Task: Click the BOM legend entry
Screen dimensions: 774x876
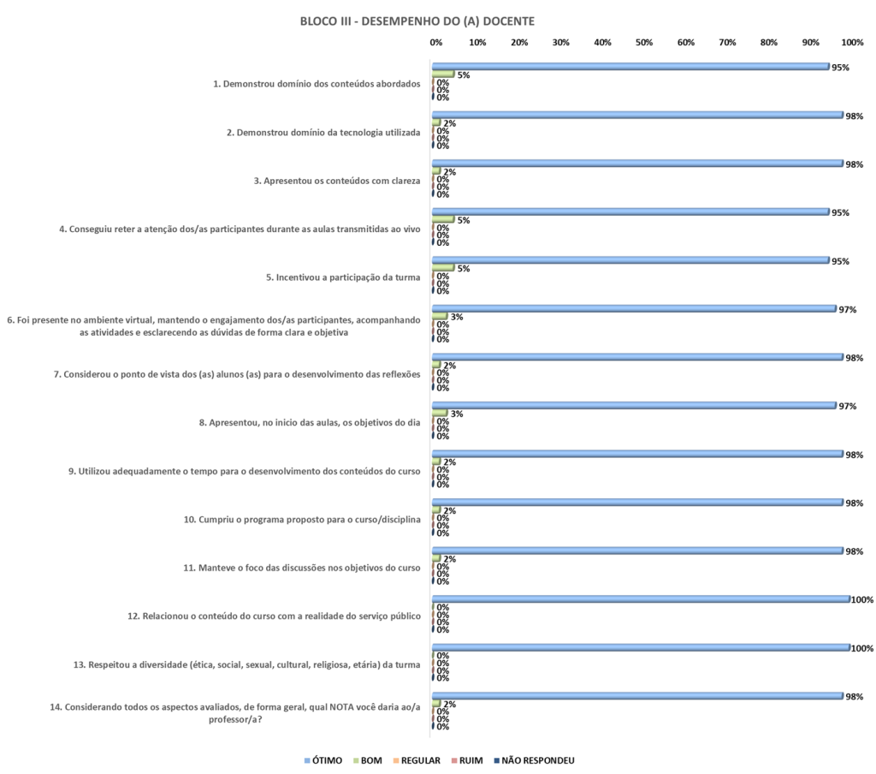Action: pyautogui.click(x=370, y=760)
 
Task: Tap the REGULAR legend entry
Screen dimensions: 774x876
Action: pyautogui.click(x=419, y=760)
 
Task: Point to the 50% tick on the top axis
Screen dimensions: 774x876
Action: pyautogui.click(x=644, y=43)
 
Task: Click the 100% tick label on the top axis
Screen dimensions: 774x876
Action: pyautogui.click(x=852, y=43)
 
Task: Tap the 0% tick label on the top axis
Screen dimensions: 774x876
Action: pyautogui.click(x=435, y=43)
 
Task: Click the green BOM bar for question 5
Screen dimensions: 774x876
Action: pyautogui.click(x=443, y=267)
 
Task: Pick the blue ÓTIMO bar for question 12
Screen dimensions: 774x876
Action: pyautogui.click(x=641, y=599)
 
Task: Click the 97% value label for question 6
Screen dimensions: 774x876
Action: pyautogui.click(x=848, y=309)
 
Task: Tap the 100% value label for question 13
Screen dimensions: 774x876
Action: pyautogui.click(x=862, y=648)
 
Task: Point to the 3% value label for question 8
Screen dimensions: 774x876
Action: pyautogui.click(x=457, y=414)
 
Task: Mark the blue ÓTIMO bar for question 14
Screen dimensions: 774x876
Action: pyautogui.click(x=636, y=696)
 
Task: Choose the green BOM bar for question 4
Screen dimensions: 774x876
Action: pyautogui.click(x=443, y=219)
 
